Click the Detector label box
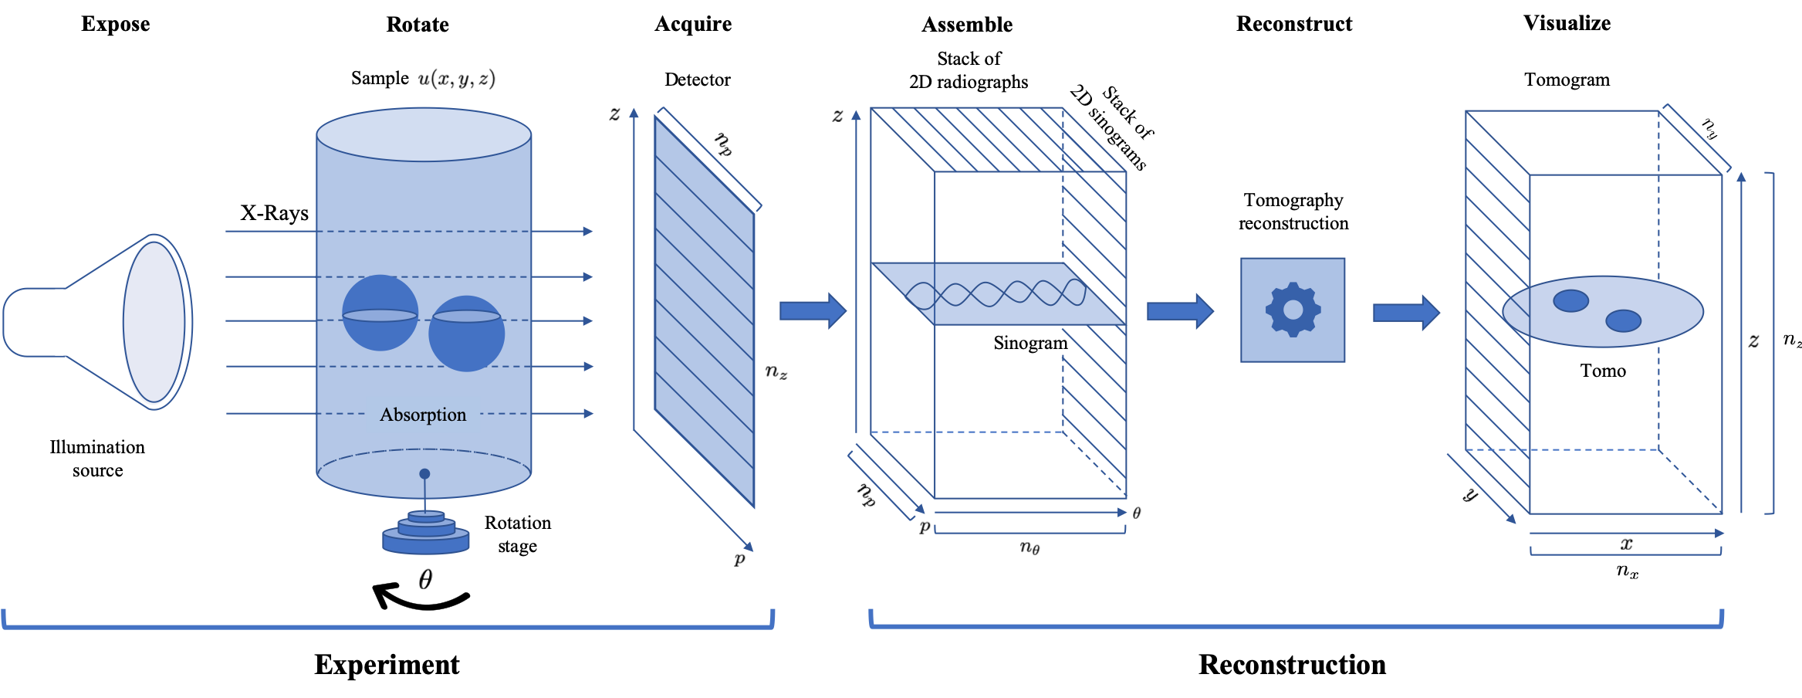698,80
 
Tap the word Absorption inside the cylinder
423,415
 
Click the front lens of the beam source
154,322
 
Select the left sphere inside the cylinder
380,313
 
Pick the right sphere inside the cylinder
467,334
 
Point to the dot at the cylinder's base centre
424,474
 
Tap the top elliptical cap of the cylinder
424,135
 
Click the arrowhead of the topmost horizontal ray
588,231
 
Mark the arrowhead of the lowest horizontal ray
589,414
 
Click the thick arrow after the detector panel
813,310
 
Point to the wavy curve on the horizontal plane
996,293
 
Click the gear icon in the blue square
1293,310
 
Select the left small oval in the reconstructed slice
1570,300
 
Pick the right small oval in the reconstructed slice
1623,320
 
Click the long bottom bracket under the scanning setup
388,626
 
